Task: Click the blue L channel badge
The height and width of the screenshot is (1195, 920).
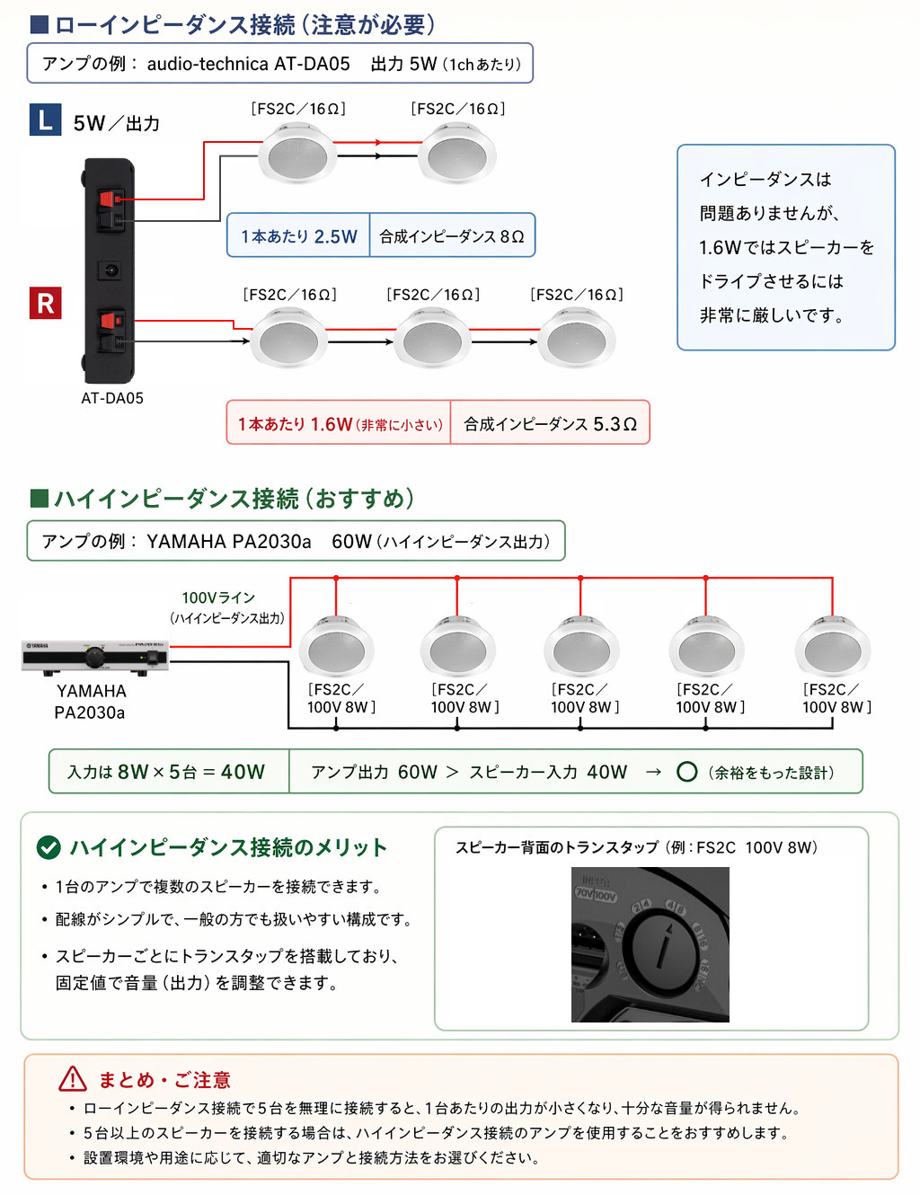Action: pyautogui.click(x=45, y=119)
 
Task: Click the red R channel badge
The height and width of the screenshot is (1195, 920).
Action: pyautogui.click(x=45, y=303)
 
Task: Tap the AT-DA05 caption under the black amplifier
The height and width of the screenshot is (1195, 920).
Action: pyautogui.click(x=112, y=398)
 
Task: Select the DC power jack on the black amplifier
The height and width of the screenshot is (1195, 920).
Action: pyautogui.click(x=109, y=270)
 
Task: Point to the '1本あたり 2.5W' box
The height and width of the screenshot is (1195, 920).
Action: pyautogui.click(x=298, y=235)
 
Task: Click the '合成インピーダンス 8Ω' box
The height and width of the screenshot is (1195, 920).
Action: pyautogui.click(x=452, y=235)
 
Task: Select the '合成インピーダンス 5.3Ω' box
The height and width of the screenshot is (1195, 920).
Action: pyautogui.click(x=550, y=422)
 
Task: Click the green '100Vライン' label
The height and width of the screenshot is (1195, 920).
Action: pyautogui.click(x=219, y=597)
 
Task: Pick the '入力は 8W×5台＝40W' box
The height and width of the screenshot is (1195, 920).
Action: pyautogui.click(x=169, y=771)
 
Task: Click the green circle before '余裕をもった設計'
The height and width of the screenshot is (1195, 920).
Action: pyautogui.click(x=686, y=772)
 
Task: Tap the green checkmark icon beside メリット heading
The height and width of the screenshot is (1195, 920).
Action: pyautogui.click(x=49, y=847)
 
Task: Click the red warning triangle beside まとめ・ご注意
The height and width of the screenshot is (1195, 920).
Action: pyautogui.click(x=73, y=1079)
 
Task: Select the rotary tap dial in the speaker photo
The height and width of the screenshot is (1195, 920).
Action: pyautogui.click(x=666, y=946)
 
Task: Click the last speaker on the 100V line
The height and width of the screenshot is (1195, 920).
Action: pyautogui.click(x=833, y=646)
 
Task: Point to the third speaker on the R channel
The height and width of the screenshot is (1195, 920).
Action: pyautogui.click(x=577, y=337)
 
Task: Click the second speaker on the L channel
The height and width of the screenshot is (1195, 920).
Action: pyautogui.click(x=457, y=153)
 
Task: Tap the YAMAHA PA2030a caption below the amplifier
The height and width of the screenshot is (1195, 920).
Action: pyautogui.click(x=91, y=702)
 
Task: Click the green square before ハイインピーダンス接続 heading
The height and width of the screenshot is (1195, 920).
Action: pyautogui.click(x=39, y=499)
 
